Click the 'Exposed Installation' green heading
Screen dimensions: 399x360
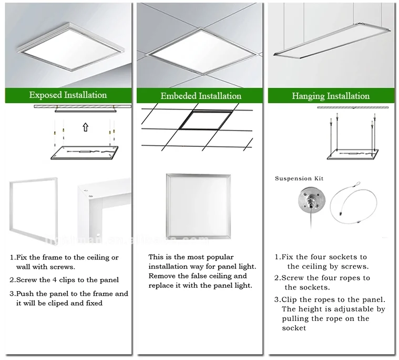pos(68,95)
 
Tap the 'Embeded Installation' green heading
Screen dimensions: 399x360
pos(201,96)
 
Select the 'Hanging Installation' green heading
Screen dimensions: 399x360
pos(331,96)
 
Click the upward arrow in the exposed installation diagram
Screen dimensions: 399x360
pos(85,127)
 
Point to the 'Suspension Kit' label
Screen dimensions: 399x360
pos(299,179)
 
